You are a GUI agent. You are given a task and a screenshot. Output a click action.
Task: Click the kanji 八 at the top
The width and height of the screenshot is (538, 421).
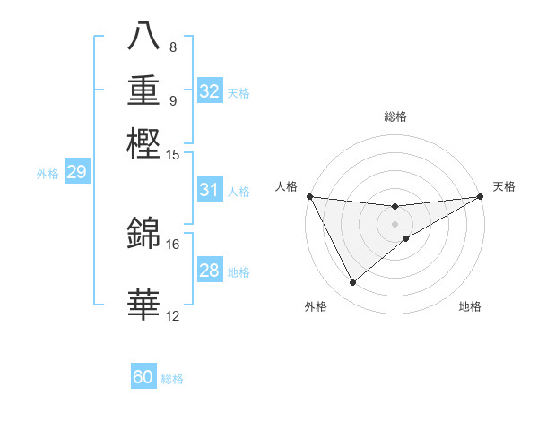point(145,37)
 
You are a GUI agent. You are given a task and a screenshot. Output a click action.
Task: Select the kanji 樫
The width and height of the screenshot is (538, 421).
point(145,143)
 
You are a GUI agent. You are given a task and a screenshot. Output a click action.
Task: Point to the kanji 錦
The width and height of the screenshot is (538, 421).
point(145,233)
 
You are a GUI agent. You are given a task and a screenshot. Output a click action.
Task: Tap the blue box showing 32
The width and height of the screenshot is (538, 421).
point(210,91)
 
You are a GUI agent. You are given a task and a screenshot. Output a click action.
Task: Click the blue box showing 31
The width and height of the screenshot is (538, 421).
point(210,190)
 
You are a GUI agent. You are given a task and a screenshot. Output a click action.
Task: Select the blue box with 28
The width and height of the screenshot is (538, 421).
point(210,271)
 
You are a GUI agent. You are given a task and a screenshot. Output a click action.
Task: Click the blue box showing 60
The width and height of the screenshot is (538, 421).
point(143,377)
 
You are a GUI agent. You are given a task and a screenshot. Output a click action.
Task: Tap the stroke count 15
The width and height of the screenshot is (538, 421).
point(173,155)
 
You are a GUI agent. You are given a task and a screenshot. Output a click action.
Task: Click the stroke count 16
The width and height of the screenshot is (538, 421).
point(173,244)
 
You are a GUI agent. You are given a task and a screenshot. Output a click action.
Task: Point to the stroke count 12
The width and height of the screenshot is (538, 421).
point(173,315)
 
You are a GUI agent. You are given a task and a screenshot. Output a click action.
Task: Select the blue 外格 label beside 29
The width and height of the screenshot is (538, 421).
point(48,174)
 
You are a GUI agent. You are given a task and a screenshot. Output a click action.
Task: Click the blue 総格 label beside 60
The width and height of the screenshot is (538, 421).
point(172,379)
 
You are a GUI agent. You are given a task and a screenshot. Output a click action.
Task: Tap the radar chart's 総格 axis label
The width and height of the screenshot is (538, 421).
point(395,116)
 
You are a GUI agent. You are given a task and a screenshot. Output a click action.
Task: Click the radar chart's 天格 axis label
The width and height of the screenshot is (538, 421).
point(504,186)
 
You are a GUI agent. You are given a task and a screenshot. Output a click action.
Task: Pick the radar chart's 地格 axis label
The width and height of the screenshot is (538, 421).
point(470,306)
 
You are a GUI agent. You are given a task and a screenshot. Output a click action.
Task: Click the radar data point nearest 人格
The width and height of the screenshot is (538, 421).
point(310,196)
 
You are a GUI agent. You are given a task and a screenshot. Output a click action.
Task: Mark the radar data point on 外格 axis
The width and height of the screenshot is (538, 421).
point(352,282)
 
